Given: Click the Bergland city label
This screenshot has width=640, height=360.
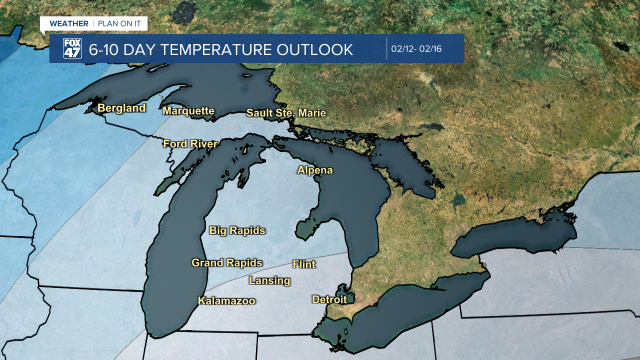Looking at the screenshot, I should [x=121, y=108].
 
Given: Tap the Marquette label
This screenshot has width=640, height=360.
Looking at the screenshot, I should [x=188, y=111].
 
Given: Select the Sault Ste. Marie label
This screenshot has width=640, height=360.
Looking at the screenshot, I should [x=286, y=113].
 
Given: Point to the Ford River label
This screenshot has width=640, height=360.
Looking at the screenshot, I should [x=190, y=144].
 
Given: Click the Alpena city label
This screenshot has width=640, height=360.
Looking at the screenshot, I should [x=315, y=170].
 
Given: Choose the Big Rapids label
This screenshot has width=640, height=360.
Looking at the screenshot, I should [x=237, y=230].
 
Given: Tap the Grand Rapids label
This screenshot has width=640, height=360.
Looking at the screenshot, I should [x=227, y=262].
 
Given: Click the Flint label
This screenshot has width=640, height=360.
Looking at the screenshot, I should [x=304, y=264].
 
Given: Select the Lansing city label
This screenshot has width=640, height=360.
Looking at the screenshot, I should [x=269, y=280].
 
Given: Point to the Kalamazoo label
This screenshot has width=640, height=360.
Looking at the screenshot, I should [x=226, y=301].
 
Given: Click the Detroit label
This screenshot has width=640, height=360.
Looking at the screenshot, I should [x=329, y=299].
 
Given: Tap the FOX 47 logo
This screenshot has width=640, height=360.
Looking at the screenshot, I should [x=72, y=48].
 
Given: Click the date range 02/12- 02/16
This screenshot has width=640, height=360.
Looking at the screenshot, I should [x=416, y=49].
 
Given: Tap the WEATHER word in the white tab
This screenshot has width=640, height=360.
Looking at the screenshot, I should [x=68, y=23].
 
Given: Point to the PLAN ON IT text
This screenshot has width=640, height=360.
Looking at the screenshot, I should [x=119, y=23].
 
